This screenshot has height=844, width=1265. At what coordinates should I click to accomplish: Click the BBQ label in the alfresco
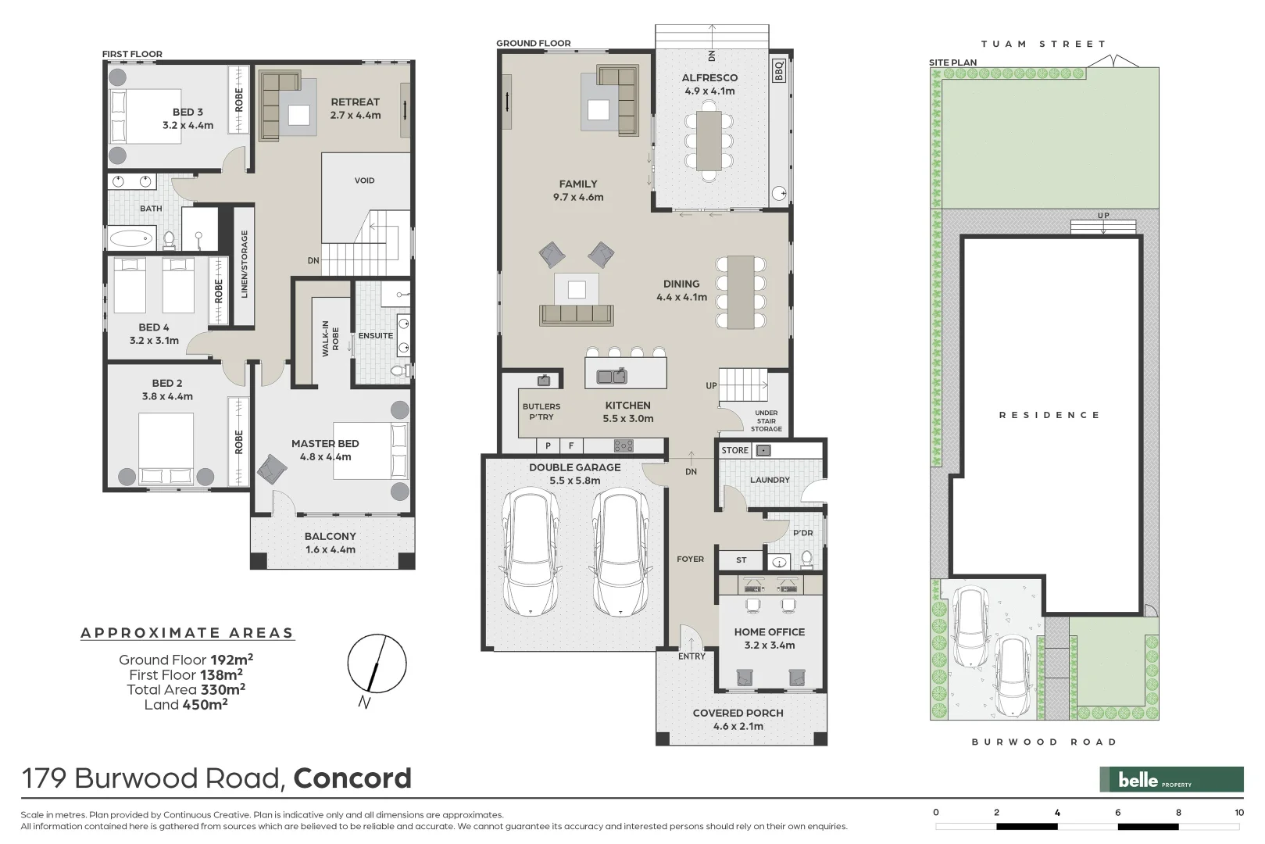[778, 71]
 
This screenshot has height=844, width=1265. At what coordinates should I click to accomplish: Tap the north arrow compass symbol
[377, 663]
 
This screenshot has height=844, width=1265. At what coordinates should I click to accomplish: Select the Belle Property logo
[1171, 779]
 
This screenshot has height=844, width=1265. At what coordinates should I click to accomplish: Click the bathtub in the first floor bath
[132, 238]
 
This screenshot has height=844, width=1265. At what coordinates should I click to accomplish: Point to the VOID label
[364, 181]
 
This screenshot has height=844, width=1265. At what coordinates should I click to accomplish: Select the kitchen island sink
[612, 377]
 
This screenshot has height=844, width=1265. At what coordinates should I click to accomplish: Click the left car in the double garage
[531, 551]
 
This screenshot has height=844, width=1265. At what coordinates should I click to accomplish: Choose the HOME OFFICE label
[769, 632]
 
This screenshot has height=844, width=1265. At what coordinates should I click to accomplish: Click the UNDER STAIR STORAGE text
[766, 420]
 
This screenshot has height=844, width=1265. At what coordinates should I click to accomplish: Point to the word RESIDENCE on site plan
[1049, 415]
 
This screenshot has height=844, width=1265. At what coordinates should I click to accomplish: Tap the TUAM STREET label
[1043, 45]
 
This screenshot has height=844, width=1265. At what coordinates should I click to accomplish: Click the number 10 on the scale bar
[1238, 813]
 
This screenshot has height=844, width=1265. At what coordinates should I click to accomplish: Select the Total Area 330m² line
[186, 689]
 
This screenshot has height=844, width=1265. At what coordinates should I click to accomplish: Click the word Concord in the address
[352, 778]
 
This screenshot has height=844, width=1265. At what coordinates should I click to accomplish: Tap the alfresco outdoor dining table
[709, 141]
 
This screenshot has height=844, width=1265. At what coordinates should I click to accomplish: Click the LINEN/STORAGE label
[245, 263]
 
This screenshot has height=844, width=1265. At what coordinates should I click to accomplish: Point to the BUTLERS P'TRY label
[541, 412]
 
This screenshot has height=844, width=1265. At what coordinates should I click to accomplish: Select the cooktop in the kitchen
[624, 446]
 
